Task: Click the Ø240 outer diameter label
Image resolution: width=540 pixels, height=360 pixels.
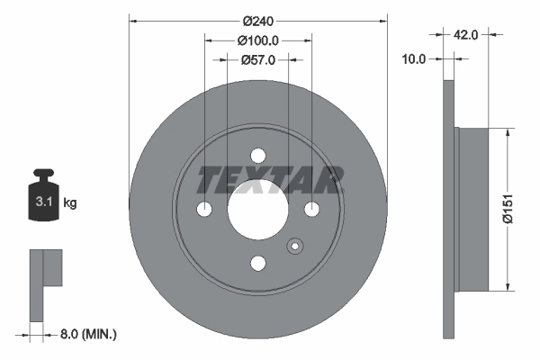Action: pyautogui.click(x=258, y=18)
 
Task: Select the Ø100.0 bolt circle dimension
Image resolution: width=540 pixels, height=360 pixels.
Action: pyautogui.click(x=258, y=40)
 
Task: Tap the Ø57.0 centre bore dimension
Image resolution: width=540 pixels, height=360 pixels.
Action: pyautogui.click(x=258, y=59)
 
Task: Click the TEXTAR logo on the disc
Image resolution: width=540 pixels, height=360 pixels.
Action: pyautogui.click(x=270, y=179)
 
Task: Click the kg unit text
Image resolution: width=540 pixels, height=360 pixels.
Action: pyautogui.click(x=70, y=203)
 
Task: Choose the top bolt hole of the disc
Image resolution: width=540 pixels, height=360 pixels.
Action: pyautogui.click(x=258, y=156)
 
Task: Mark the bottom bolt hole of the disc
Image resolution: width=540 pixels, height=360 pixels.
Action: pyautogui.click(x=258, y=264)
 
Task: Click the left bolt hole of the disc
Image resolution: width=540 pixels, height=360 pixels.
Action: pyautogui.click(x=204, y=210)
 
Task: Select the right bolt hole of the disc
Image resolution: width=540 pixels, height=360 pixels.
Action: pyautogui.click(x=312, y=210)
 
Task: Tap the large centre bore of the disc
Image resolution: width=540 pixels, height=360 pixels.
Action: pyautogui.click(x=258, y=210)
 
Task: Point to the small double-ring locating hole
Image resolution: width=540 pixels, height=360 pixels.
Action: pyautogui.click(x=293, y=247)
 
